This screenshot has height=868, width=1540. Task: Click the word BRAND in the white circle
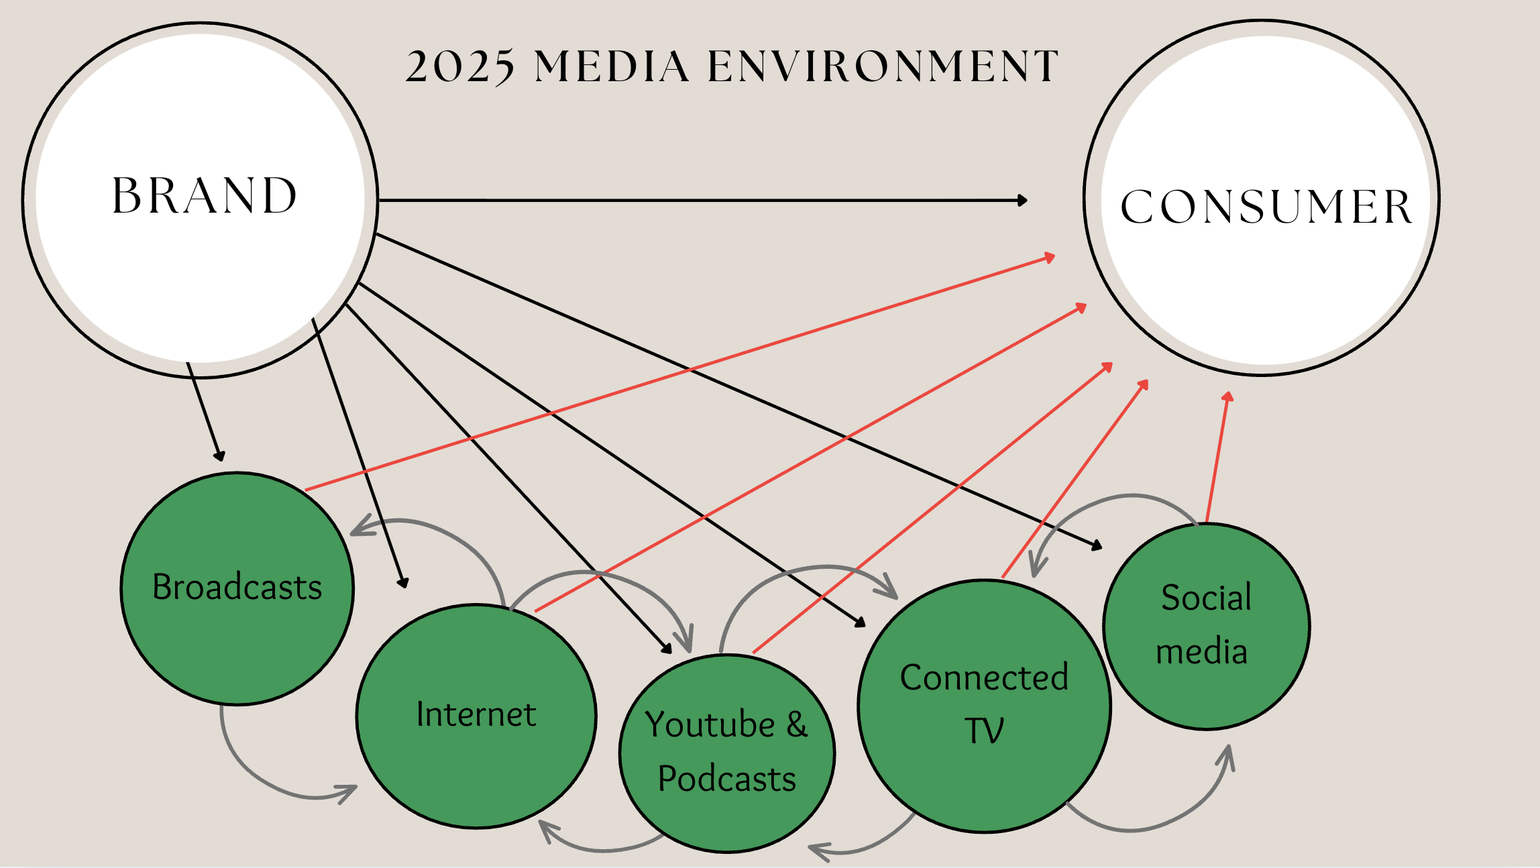[x=205, y=195]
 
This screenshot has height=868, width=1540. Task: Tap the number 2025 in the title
[x=460, y=66]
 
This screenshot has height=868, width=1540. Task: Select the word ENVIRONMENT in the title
[x=883, y=66]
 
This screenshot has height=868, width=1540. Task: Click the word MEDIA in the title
[x=612, y=66]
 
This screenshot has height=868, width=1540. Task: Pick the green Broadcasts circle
[x=237, y=588]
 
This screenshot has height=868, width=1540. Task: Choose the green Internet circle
[x=476, y=716]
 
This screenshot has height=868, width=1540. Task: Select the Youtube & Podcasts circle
[x=727, y=753]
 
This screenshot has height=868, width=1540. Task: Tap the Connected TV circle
[x=985, y=706]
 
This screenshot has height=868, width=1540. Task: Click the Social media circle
[x=1206, y=626]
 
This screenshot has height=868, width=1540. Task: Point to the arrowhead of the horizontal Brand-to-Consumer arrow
[x=1022, y=200]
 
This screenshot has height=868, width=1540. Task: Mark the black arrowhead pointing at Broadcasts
[x=219, y=455]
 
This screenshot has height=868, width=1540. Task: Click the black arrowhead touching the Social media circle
[x=1097, y=545]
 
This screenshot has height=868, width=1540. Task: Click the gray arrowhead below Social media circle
[x=1226, y=758]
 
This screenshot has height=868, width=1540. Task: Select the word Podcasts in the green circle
[x=727, y=779]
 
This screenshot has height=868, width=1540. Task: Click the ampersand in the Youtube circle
[x=797, y=724]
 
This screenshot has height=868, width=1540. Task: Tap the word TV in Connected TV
[x=984, y=730]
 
